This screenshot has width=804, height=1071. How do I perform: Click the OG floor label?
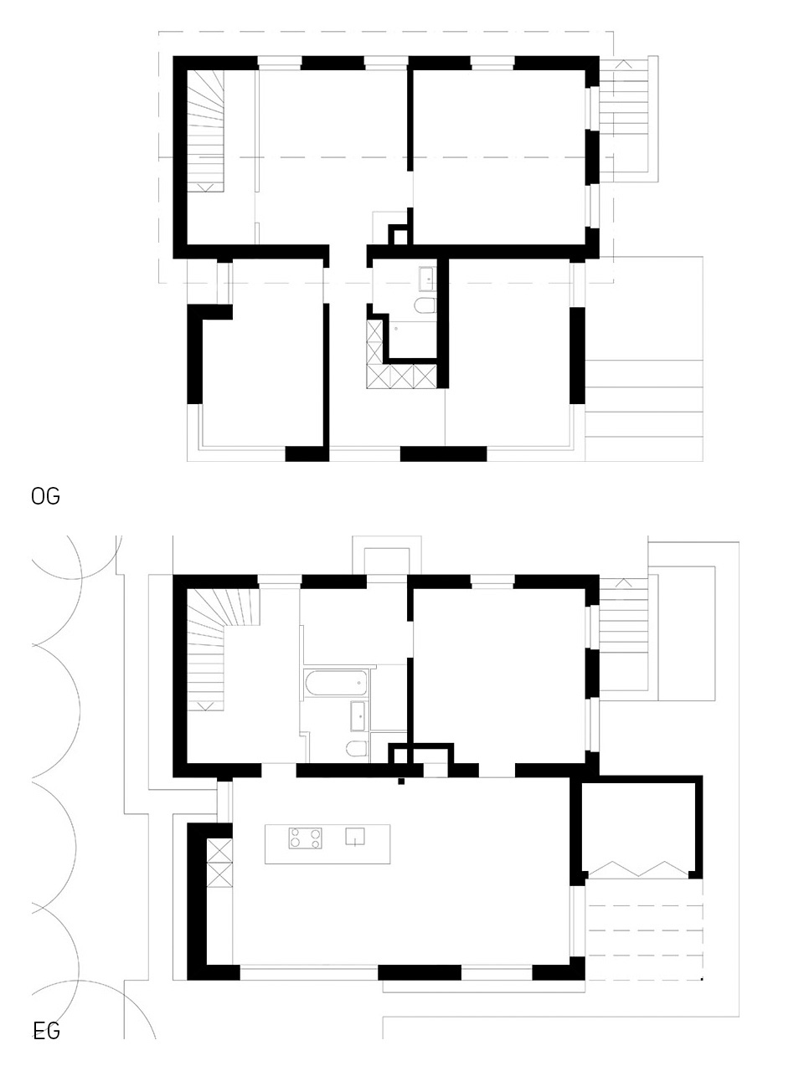[x=45, y=496]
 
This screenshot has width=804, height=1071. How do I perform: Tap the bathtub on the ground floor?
[x=335, y=684]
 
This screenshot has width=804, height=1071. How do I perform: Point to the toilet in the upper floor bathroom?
[x=425, y=305]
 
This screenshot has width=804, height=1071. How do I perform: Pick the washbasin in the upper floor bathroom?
[x=427, y=279]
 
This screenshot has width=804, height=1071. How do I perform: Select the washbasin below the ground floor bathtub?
[x=358, y=716]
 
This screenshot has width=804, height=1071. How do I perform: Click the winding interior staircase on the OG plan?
[x=205, y=131]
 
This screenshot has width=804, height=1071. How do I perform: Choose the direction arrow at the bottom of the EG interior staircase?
[x=205, y=705]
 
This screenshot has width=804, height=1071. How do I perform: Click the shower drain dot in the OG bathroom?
[x=396, y=329]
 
